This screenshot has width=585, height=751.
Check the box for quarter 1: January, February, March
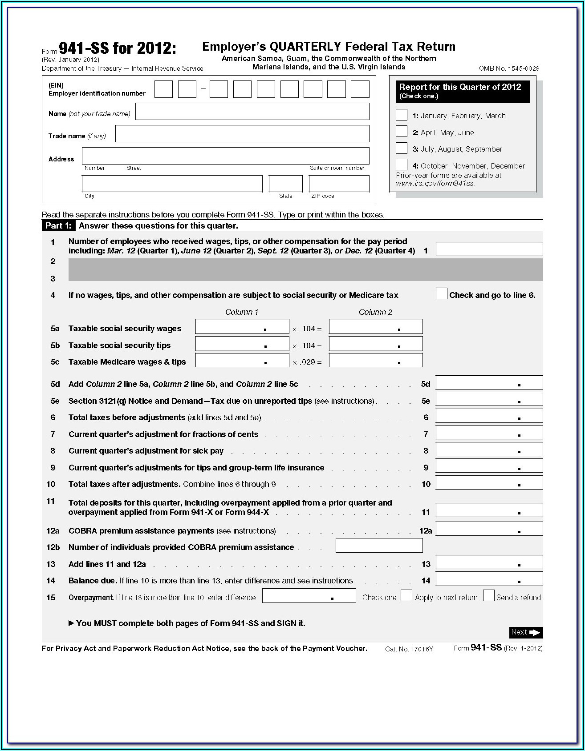402,115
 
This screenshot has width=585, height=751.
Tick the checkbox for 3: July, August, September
402,148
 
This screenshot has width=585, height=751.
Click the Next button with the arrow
526,632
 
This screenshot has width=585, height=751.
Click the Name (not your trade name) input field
252,112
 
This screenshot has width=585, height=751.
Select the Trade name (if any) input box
242,134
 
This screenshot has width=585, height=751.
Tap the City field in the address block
172,184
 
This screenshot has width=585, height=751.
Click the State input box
285,184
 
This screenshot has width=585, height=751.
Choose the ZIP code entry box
339,184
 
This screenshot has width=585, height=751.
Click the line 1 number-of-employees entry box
489,249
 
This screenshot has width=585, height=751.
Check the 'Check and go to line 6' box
441,294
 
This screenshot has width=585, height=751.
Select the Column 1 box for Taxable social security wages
242,327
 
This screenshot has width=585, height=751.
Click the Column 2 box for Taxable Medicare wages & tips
376,361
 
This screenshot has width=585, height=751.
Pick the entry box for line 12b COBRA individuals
379,546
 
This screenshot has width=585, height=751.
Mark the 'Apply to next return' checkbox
406,596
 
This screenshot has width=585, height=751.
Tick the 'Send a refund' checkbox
488,596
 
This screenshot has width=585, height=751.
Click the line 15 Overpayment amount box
309,596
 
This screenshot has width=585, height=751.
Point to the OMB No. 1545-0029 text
509,68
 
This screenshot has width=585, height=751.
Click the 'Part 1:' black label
58,226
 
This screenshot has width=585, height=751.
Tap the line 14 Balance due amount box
489,579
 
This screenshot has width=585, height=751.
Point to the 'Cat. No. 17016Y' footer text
409,649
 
